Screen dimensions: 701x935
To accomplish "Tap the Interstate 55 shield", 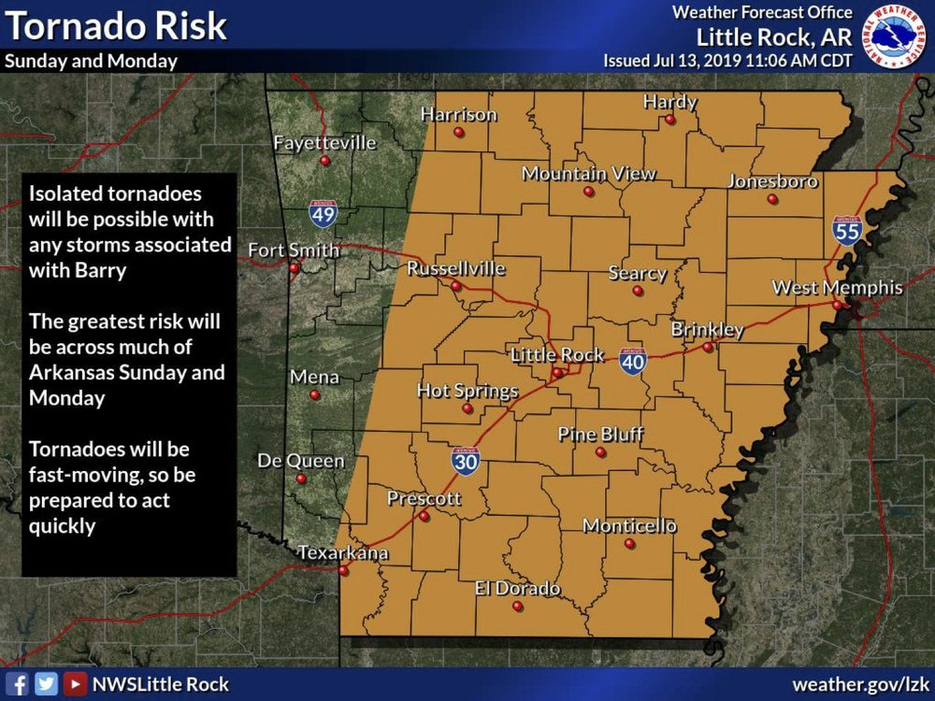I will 847,230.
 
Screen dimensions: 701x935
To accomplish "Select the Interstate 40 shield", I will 633,360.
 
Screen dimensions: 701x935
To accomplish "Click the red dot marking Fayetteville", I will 324,161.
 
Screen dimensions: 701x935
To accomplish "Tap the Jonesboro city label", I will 772,181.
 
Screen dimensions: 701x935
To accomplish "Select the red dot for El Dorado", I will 517,606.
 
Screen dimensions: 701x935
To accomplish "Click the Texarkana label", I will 342,553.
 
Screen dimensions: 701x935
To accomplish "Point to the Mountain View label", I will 588,174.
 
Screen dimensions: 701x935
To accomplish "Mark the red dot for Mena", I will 314,395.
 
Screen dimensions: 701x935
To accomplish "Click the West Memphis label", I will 837,288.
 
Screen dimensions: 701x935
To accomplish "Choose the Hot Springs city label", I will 467,391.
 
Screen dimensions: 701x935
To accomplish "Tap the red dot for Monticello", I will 629,543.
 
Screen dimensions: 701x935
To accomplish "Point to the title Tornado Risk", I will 116,26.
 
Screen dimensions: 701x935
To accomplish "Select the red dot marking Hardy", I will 670,120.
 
